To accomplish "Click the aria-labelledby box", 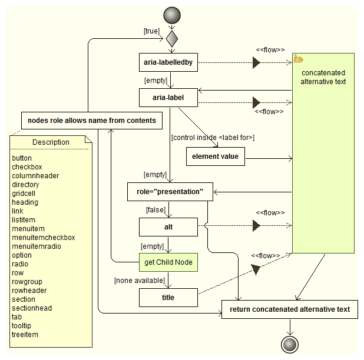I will [x=168, y=62].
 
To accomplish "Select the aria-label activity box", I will [x=168, y=98].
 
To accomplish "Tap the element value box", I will [x=215, y=156].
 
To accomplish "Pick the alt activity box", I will [x=168, y=227].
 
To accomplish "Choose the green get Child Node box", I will [x=168, y=262].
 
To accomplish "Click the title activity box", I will [x=168, y=298].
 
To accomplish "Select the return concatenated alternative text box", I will [x=289, y=309].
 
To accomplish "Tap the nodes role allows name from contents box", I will [x=92, y=121].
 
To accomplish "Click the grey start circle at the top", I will [x=171, y=14].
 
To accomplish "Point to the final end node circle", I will [x=289, y=344].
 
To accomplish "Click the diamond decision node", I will [x=171, y=39].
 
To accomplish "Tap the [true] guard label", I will [x=151, y=31].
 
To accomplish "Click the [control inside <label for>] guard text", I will [x=213, y=138].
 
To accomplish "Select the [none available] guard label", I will [x=138, y=281].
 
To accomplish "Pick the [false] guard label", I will [x=155, y=209].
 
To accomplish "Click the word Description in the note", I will [x=51, y=142].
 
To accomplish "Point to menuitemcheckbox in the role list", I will [x=44, y=238].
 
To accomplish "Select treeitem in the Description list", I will [x=26, y=335].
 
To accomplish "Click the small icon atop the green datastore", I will [x=297, y=59].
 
